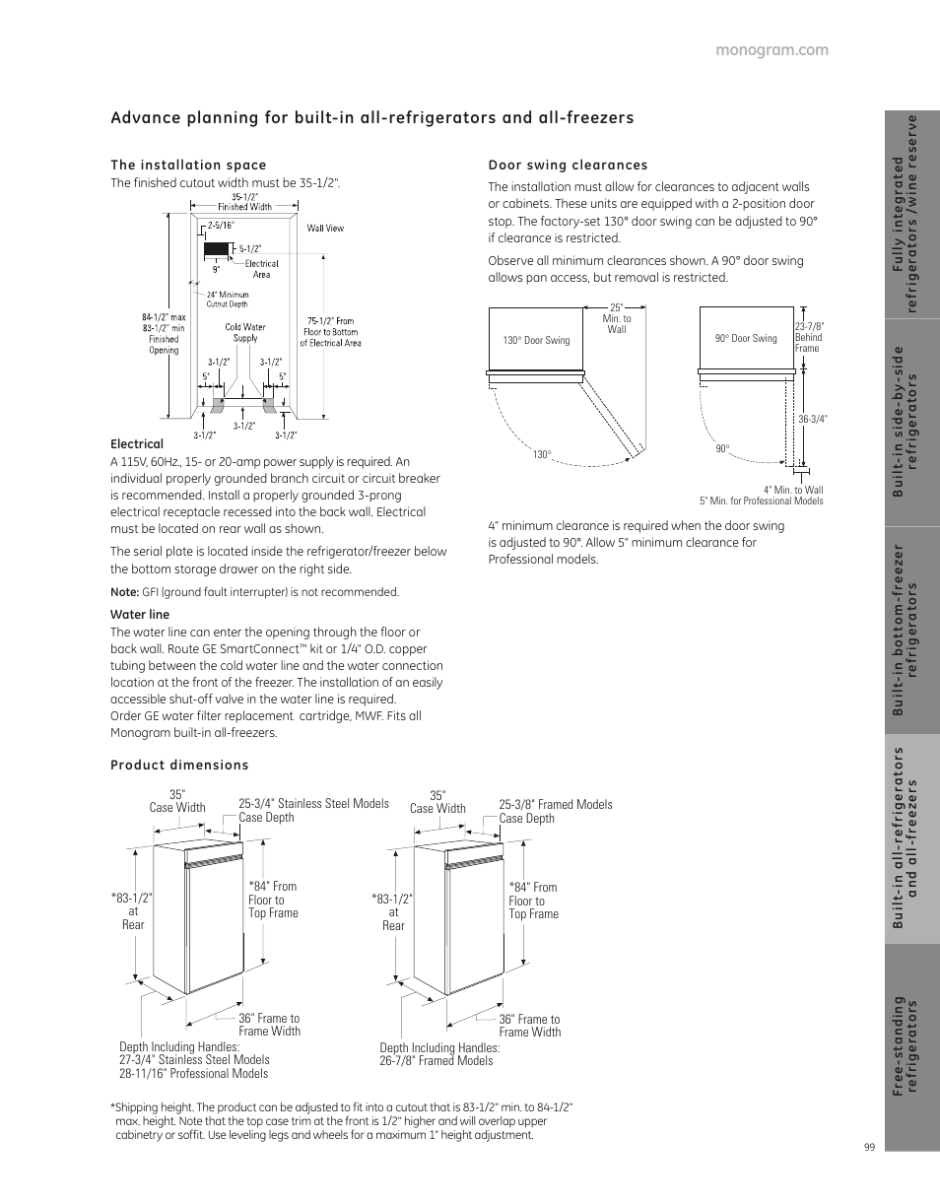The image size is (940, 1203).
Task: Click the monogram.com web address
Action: point(772,50)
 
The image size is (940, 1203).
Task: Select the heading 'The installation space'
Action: point(188,165)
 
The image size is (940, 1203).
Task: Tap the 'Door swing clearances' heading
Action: point(568,165)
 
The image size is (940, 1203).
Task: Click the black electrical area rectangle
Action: point(217,249)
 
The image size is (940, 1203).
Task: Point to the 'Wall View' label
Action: point(325,229)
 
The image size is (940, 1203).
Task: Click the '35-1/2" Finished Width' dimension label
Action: point(244,202)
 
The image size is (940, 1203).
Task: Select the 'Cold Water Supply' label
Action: point(245,332)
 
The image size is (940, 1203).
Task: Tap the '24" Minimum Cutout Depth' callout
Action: point(228,300)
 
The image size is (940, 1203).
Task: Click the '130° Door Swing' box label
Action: point(536,341)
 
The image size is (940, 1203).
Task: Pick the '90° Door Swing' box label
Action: point(746,338)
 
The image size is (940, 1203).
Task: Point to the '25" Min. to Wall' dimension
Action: point(617,318)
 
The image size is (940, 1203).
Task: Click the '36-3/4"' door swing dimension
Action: point(813,419)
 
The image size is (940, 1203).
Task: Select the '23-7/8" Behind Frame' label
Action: point(809,337)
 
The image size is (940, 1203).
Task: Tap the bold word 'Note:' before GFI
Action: point(124,592)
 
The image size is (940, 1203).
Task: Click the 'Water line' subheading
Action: point(140,615)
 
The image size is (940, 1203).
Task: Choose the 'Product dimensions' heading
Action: point(179,766)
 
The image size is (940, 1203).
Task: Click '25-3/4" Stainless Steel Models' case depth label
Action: point(314,803)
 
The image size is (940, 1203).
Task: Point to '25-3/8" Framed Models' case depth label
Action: point(556,804)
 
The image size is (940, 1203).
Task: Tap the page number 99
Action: point(870,1147)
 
